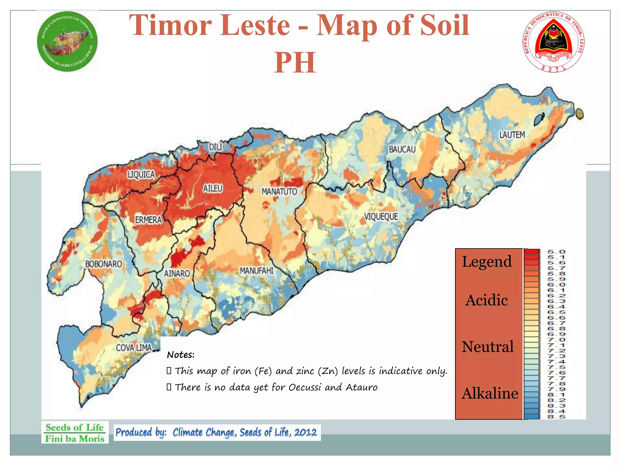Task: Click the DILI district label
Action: coord(216,147)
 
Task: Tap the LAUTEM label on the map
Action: coord(512,135)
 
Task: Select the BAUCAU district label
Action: coord(402,149)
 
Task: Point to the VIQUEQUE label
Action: coord(381,217)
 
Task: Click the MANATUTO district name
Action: coord(279,192)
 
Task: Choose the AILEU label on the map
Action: coord(213,188)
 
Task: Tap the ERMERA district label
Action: coord(148,220)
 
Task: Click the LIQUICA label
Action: coord(141,174)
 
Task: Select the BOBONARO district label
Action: coord(103,264)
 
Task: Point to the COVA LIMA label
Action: coord(134,348)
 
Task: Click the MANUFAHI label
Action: coord(257,271)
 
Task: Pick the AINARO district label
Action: coord(177,274)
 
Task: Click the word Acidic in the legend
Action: coord(487,300)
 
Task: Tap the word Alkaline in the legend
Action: coord(490,393)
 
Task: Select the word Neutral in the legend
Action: coord(488,347)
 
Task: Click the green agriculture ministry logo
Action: coord(67,42)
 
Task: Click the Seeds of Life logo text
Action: coord(75,433)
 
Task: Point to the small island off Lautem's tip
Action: coord(579,114)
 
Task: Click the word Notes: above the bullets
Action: coord(181,355)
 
